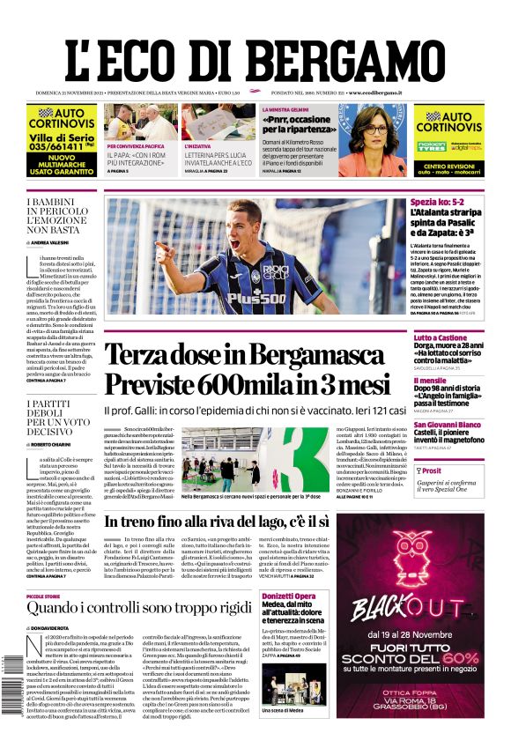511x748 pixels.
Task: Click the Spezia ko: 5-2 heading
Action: pyautogui.click(x=441, y=204)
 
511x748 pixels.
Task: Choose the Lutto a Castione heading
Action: pyautogui.click(x=441, y=337)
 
